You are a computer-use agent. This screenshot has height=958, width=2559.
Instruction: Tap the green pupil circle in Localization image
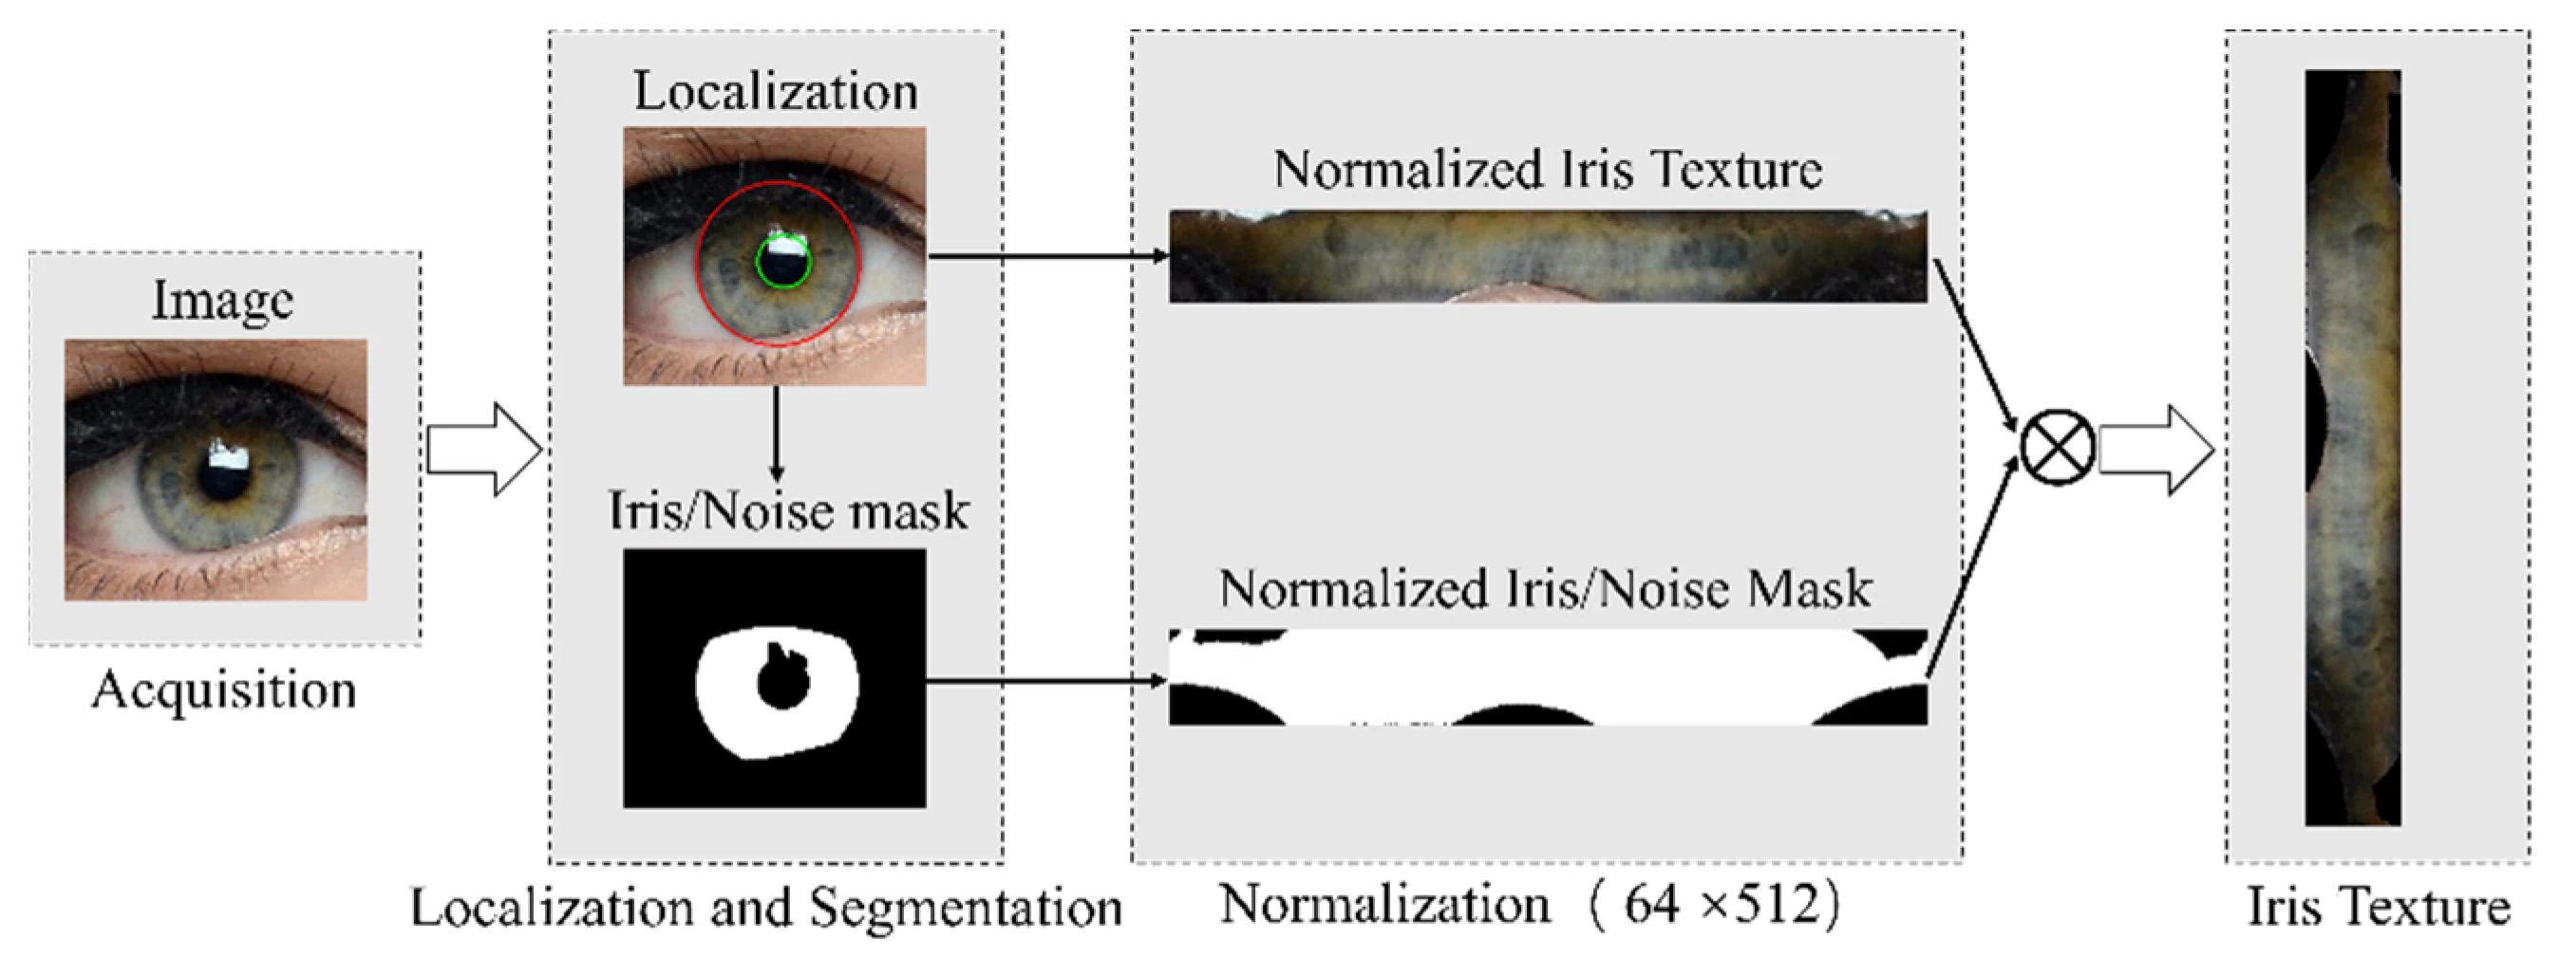click(783, 263)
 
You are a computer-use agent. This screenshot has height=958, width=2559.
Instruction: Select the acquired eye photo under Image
click(216, 470)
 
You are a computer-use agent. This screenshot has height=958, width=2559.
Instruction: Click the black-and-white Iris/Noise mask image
click(774, 678)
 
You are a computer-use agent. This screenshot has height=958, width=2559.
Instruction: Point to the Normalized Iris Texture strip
click(1548, 256)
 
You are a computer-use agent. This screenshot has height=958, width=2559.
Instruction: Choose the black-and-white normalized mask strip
click(1548, 677)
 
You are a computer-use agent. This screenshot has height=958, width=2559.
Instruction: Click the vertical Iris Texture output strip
click(2352, 447)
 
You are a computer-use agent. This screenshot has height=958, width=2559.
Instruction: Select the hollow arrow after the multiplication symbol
click(2155, 450)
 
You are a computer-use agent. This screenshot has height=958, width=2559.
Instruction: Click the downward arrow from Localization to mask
click(776, 433)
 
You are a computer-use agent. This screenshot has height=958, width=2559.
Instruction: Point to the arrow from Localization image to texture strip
click(1047, 256)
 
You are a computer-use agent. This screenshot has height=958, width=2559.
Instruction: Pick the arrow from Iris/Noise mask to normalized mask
click(1045, 681)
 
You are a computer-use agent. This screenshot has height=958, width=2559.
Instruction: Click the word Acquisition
click(223, 689)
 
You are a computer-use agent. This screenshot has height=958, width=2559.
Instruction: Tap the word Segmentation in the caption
click(966, 907)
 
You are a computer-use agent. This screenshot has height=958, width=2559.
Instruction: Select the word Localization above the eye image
click(776, 91)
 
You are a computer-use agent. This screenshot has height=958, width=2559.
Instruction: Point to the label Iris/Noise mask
click(788, 511)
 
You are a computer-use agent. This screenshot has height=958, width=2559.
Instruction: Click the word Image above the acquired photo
click(222, 300)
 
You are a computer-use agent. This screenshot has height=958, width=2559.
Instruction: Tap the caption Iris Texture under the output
click(2379, 907)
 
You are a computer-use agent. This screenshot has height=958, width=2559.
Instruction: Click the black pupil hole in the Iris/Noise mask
click(782, 683)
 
